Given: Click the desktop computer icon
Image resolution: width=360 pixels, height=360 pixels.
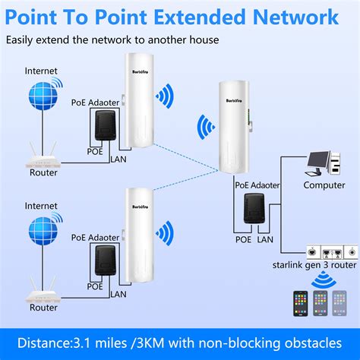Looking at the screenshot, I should click(x=324, y=163).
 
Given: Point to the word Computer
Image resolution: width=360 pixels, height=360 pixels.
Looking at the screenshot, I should click(x=324, y=185).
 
